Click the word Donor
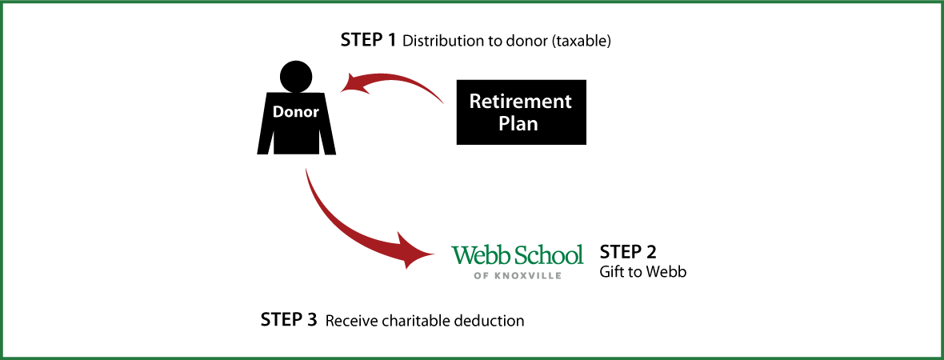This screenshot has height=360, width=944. click(x=296, y=112)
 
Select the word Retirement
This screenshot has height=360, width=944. click(x=520, y=102)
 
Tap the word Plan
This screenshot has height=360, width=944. click(x=518, y=124)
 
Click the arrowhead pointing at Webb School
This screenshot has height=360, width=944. click(x=416, y=253)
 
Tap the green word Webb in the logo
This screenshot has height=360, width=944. click(x=478, y=255)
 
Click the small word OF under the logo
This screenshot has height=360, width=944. click(x=479, y=276)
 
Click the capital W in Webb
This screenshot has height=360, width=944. click(x=462, y=255)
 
